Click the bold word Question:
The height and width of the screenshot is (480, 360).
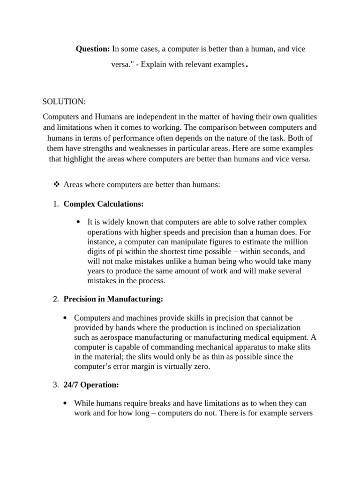tap(93, 49)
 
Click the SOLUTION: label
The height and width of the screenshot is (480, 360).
tap(64, 102)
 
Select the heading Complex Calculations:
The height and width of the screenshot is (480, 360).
tap(104, 204)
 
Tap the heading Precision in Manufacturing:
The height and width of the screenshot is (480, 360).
tap(113, 299)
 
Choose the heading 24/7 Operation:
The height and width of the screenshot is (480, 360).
tap(91, 385)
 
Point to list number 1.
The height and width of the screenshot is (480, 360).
tap(55, 204)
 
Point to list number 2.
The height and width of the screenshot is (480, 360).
tap(55, 299)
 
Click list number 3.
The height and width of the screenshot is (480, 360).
tap(55, 385)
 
